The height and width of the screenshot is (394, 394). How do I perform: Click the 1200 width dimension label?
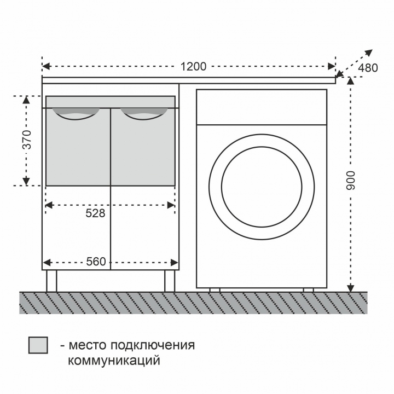(194, 67)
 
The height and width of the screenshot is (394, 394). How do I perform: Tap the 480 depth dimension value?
(368, 68)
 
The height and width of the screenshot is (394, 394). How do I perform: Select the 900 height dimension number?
(351, 181)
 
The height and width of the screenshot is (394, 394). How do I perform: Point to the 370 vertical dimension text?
(27, 140)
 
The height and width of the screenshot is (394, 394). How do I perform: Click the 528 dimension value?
(95, 213)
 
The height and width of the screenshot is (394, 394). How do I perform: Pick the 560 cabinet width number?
(96, 262)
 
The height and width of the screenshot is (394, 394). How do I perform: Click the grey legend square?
(38, 345)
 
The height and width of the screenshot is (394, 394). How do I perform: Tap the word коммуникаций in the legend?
(114, 361)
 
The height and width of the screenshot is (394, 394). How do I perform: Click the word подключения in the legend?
(153, 345)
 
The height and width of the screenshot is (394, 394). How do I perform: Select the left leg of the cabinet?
(51, 281)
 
